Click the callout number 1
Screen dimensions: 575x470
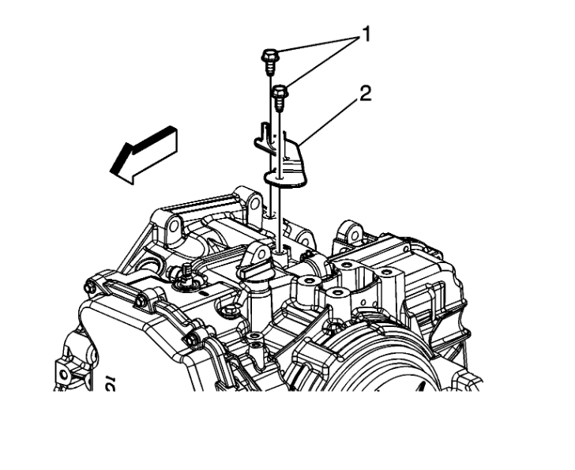pyautogui.click(x=365, y=36)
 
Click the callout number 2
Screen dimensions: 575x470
pyautogui.click(x=365, y=93)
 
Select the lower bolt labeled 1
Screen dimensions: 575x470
pyautogui.click(x=280, y=97)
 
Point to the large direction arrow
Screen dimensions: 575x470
pyautogui.click(x=144, y=154)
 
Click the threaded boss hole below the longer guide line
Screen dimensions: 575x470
pyautogui.click(x=280, y=252)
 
